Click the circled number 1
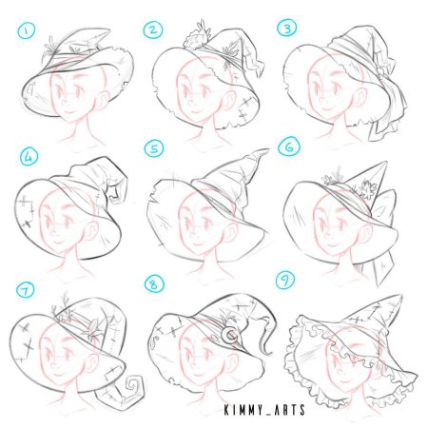coord(27,31)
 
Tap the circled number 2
coord(153,30)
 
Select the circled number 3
coord(287,28)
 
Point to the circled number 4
coord(29,158)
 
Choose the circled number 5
coord(154,148)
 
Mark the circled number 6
coord(289,146)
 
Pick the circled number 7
coord(26,289)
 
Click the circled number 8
coord(154,283)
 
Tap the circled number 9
coord(285,281)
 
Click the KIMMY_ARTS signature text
coord(264,410)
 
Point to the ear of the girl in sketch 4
coord(91,231)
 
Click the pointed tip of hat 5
coord(266,150)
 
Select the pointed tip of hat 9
coord(400,297)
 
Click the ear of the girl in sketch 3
coord(360,96)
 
